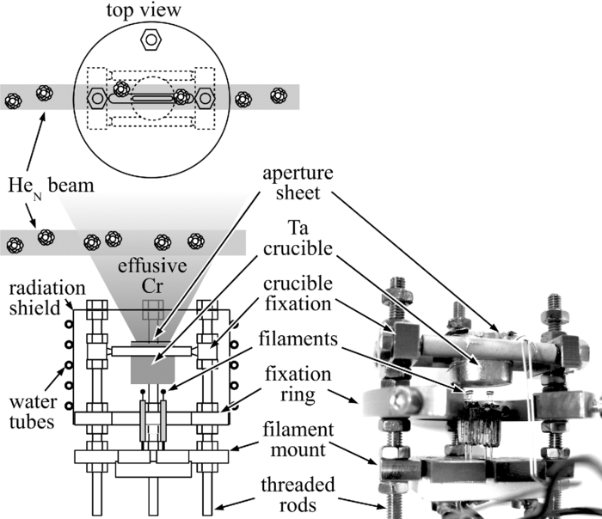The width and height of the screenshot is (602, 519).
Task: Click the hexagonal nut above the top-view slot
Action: pyautogui.click(x=150, y=40)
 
